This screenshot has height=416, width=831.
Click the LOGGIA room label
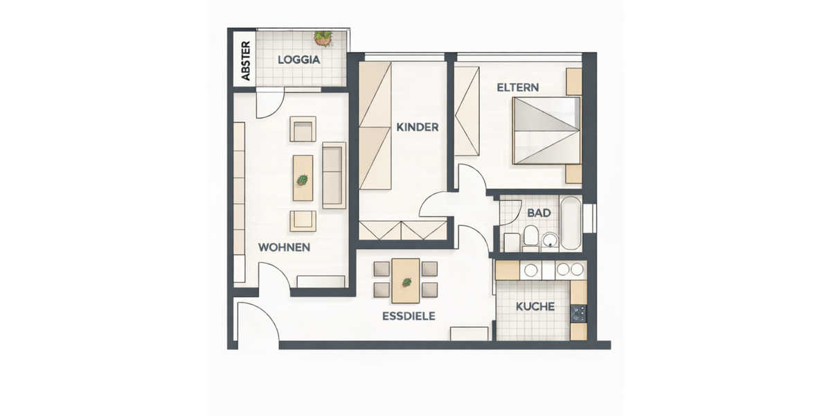pyautogui.click(x=298, y=60)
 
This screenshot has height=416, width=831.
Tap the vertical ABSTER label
pyautogui.click(x=244, y=60)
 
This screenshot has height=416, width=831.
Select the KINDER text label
pyautogui.click(x=417, y=127)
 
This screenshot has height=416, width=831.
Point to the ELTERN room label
pyautogui.click(x=517, y=88)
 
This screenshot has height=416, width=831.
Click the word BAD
pyautogui.click(x=538, y=213)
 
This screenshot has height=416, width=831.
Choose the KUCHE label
pyautogui.click(x=535, y=306)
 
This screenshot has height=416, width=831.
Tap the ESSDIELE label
pyautogui.click(x=408, y=316)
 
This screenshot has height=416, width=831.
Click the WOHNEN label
pyautogui.click(x=283, y=248)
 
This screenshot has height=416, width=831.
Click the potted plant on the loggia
pyautogui.click(x=322, y=37)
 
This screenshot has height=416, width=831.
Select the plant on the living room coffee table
pyautogui.click(x=303, y=180)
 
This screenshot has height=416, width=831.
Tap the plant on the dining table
pyautogui.click(x=406, y=282)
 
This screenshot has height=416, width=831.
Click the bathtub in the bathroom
pyautogui.click(x=571, y=223)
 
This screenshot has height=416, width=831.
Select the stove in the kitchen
pyautogui.click(x=578, y=313)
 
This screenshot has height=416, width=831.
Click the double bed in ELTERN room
pyautogui.click(x=546, y=131)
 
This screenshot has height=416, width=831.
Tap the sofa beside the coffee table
pyautogui.click(x=334, y=175)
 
